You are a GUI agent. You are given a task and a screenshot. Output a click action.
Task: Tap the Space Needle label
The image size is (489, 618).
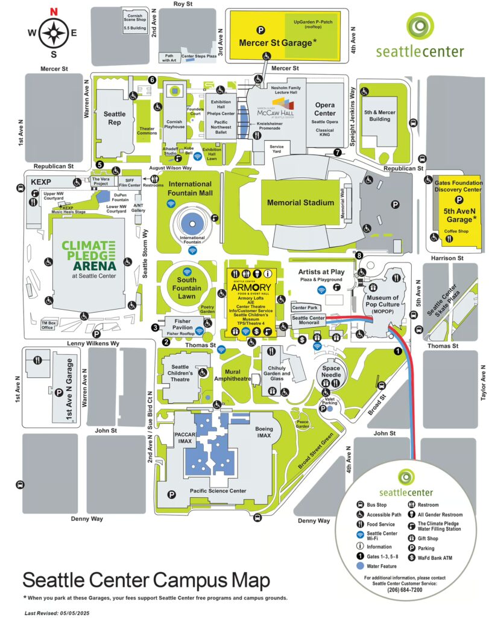332,371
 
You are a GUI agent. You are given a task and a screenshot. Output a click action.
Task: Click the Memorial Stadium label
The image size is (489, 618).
301,203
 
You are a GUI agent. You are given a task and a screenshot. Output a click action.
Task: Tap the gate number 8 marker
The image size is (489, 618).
359,256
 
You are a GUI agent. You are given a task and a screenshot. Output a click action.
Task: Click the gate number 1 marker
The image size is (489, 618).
397,351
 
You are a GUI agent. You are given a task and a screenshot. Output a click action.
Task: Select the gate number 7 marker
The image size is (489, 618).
338,152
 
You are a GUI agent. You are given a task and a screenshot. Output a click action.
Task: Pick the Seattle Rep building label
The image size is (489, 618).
115,118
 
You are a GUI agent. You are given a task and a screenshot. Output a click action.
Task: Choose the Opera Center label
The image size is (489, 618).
324,109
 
